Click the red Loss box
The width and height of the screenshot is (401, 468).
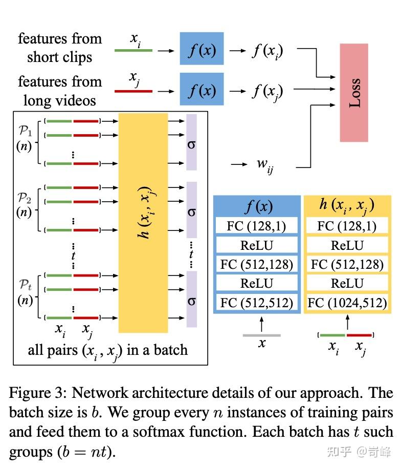(354, 93)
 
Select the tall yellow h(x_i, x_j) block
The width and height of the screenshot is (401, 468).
(143, 223)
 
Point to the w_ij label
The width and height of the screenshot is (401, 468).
(264, 165)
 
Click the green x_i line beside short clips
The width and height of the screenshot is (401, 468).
(133, 51)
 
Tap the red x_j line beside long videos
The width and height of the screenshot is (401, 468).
(133, 91)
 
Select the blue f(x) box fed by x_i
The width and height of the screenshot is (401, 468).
(202, 49)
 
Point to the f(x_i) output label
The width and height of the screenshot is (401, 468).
(267, 51)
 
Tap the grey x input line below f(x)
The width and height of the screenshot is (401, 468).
(261, 335)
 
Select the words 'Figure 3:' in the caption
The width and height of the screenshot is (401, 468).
(38, 393)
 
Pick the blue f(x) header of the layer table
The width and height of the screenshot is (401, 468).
(257, 206)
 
